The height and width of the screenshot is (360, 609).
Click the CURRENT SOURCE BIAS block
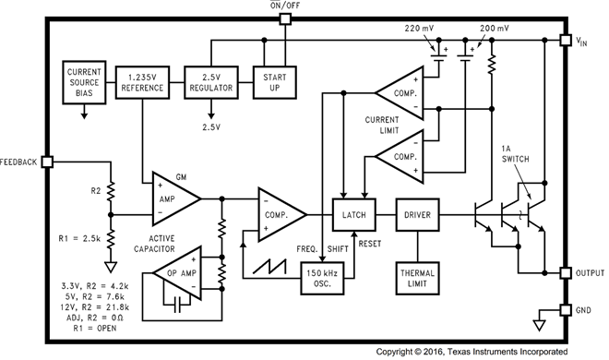coord(83,81)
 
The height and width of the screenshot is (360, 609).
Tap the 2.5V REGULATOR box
coord(211,81)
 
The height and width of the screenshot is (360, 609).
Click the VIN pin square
coord(565,41)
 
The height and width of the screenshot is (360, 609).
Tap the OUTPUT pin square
coord(565,273)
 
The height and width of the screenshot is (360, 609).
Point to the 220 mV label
coord(425,30)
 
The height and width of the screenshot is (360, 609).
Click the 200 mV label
coord(488,30)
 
